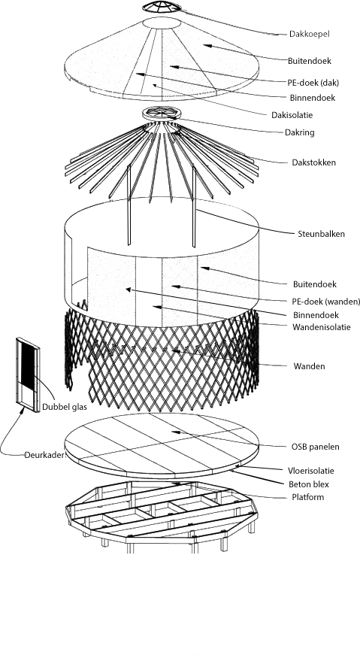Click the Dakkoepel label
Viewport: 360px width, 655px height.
point(310,35)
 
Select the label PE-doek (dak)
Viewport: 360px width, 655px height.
point(313,83)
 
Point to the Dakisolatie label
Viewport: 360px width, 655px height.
point(292,115)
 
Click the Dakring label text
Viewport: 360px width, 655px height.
point(299,133)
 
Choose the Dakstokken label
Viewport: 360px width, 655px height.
point(313,162)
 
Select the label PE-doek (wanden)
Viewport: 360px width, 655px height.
point(325,302)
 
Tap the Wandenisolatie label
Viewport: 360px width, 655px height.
point(321,327)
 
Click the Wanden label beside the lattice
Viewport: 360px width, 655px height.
point(309,366)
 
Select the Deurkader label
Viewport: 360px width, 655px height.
point(46,455)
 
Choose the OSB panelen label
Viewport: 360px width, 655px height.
point(316,447)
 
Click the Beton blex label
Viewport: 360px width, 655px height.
point(309,484)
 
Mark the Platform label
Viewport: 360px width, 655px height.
point(308,497)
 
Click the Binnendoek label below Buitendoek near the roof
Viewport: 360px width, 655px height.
point(313,99)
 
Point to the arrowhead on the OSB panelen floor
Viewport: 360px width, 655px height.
point(175,432)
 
